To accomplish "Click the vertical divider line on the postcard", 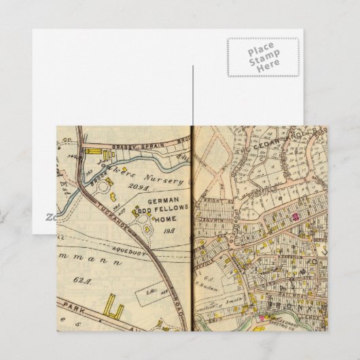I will [x=193, y=95].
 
